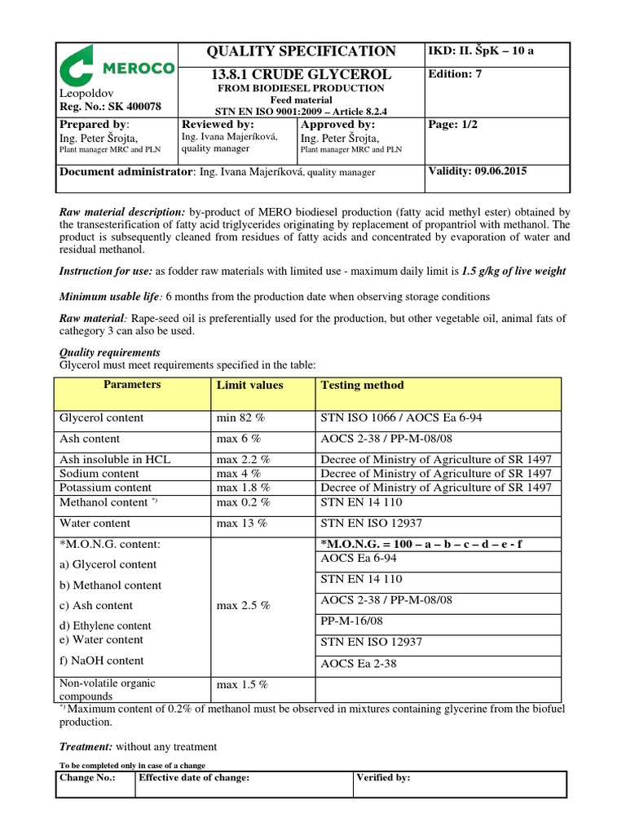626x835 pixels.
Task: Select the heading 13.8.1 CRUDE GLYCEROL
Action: click(x=302, y=74)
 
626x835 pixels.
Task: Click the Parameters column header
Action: click(x=132, y=385)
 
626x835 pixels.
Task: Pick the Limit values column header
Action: click(x=249, y=385)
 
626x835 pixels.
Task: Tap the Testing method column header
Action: click(x=362, y=385)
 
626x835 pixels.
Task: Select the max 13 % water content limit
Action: click(x=241, y=524)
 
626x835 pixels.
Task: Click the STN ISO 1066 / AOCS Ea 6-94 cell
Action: click(x=402, y=417)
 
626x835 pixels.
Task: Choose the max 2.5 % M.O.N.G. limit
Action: click(x=244, y=606)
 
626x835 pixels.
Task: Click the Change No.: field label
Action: click(x=87, y=778)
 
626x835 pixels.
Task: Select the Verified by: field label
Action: click(x=384, y=778)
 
